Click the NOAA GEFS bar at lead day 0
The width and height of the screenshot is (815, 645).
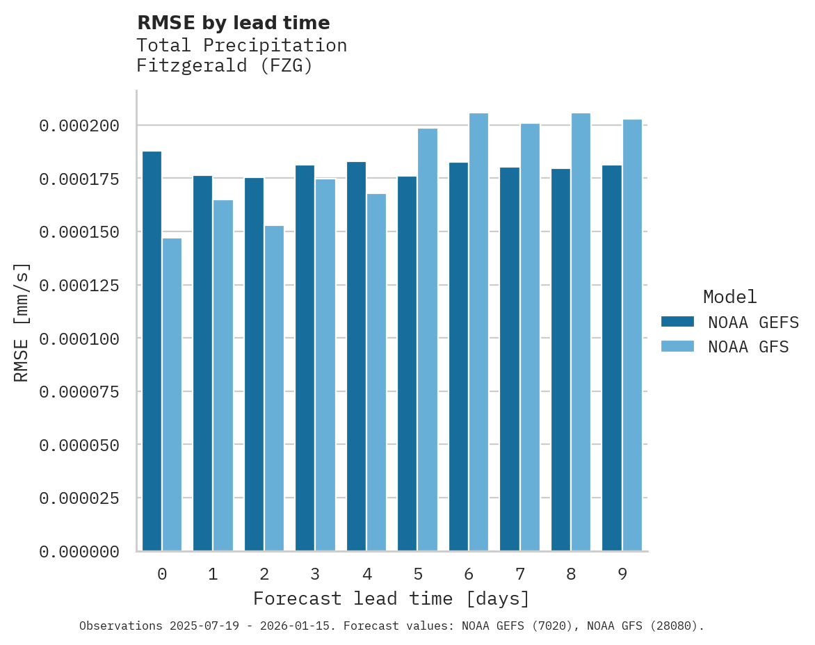152,351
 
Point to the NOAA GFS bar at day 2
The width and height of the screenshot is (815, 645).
274,389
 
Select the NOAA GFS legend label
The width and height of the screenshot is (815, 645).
748,347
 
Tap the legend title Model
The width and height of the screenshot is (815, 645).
729,297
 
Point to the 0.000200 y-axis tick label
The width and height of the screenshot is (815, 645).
79,126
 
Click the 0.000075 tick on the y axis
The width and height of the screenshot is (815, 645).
79,392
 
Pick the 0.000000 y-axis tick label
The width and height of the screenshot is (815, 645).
79,552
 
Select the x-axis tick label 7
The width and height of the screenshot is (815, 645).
519,574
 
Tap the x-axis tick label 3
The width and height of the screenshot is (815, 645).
315,574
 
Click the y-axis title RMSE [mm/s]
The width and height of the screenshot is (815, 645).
22,322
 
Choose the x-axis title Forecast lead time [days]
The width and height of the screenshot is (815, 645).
392,598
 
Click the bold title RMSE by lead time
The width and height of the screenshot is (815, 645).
233,23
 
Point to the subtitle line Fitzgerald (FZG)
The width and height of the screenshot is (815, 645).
224,66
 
